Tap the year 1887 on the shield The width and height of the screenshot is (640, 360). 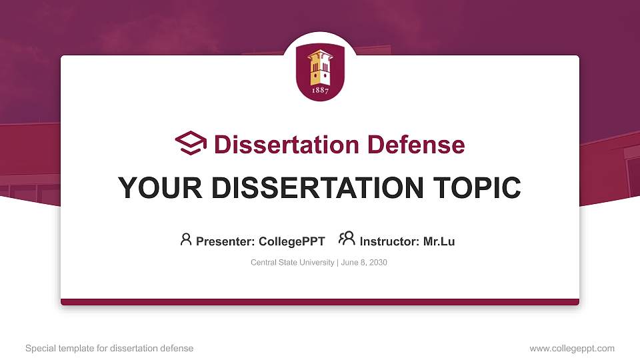point(320,91)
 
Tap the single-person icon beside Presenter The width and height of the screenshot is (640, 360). point(186,239)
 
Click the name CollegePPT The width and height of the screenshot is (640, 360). point(291,241)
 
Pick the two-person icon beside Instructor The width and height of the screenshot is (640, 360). point(347,239)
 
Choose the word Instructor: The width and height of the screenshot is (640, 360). point(390,241)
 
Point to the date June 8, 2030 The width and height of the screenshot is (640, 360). point(364,263)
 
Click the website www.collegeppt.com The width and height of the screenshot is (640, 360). point(572,348)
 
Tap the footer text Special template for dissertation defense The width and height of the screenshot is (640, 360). point(109,348)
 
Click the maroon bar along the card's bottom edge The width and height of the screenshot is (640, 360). point(320,302)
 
